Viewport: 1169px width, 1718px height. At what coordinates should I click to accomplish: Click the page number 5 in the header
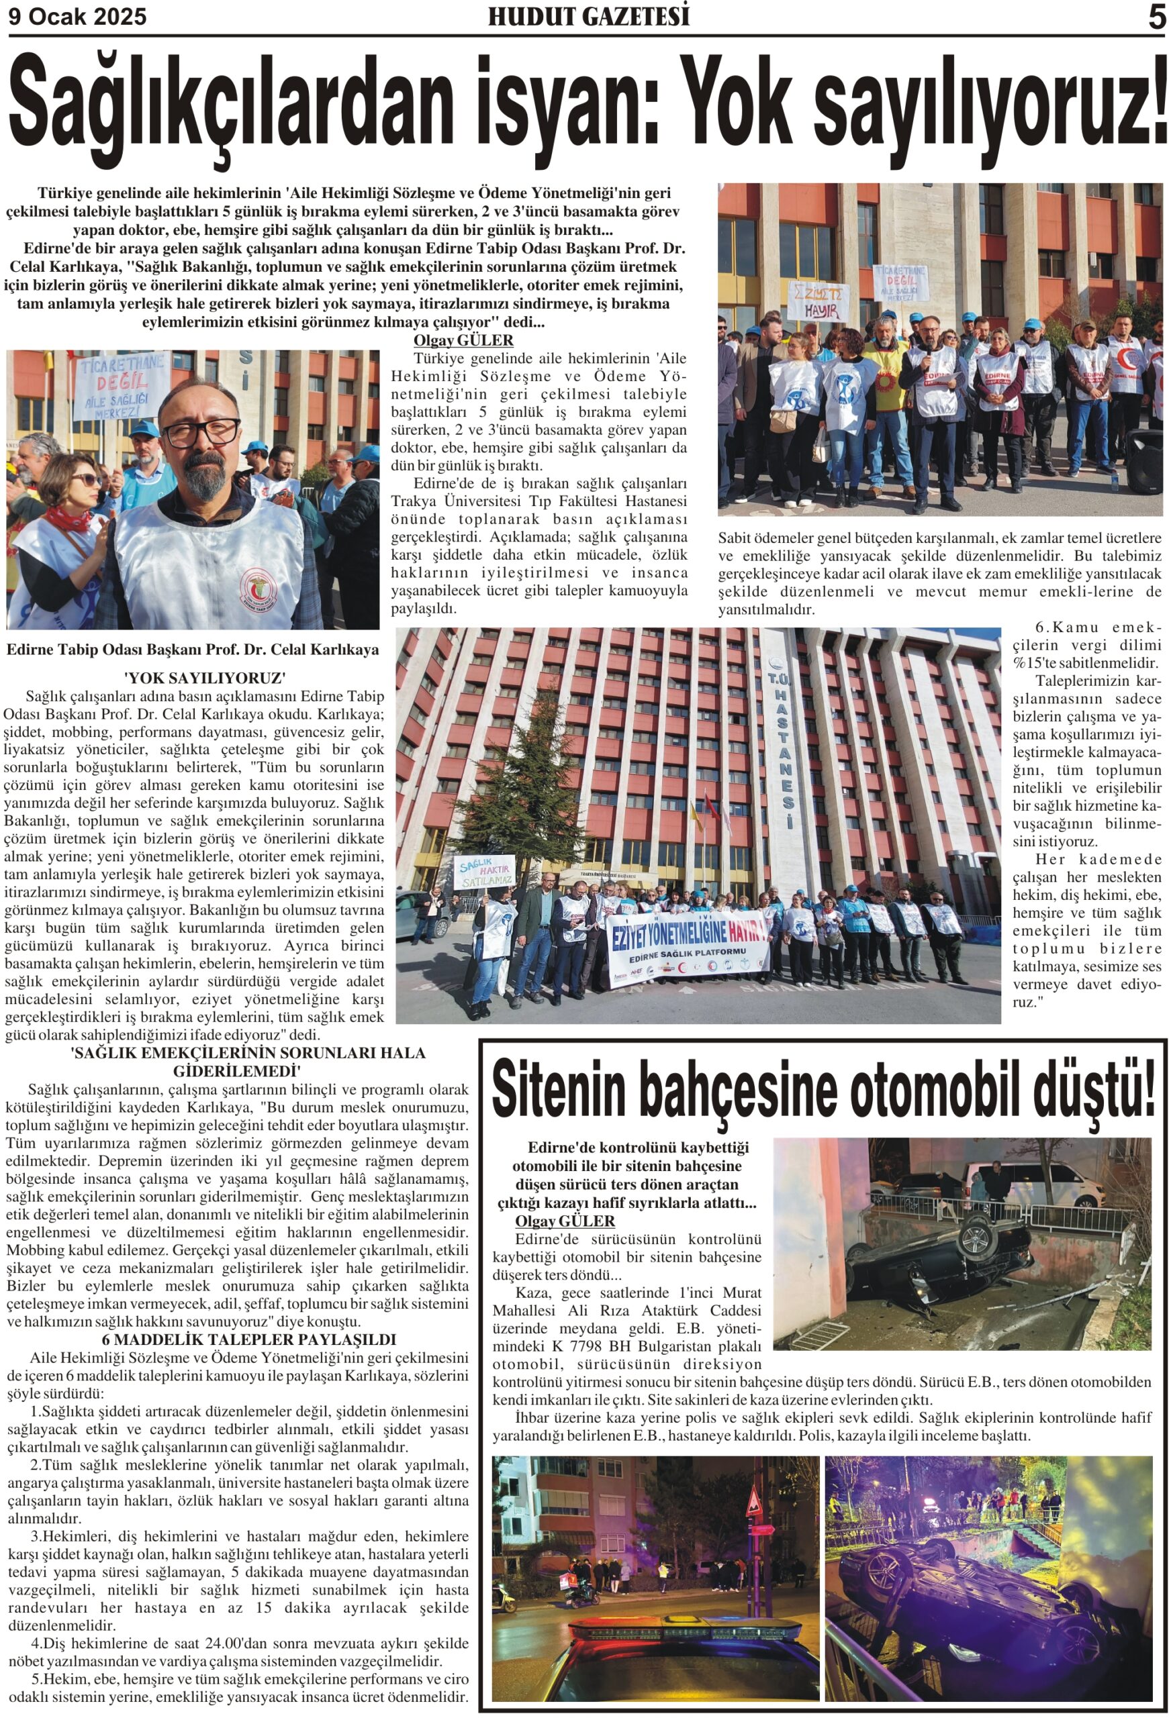tap(1155, 16)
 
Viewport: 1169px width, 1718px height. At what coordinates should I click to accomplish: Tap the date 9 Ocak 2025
tap(78, 16)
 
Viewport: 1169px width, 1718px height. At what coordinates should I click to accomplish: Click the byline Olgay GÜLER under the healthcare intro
tap(463, 341)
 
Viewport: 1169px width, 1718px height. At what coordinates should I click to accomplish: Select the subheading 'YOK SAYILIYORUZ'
tap(205, 678)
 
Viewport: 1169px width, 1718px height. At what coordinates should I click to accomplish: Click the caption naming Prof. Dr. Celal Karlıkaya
tap(193, 650)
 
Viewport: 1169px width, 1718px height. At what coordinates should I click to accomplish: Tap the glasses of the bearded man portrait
tap(200, 432)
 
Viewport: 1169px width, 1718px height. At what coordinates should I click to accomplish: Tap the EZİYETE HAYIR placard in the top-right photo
tap(817, 301)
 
